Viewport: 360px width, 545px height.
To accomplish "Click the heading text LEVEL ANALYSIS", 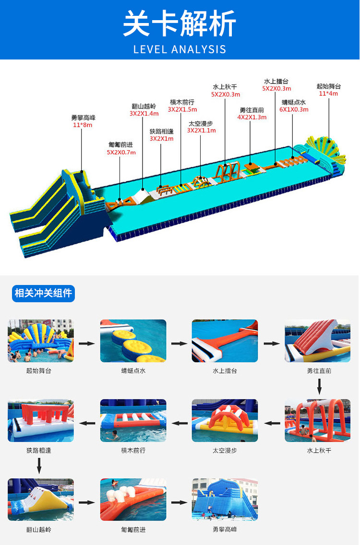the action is pos(180,48).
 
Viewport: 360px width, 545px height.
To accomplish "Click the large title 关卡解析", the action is pos(180,24).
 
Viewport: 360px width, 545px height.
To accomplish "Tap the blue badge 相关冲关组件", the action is pos(43,293).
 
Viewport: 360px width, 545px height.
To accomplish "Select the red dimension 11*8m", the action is pos(82,125).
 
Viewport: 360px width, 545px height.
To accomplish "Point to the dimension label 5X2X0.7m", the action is pos(121,152).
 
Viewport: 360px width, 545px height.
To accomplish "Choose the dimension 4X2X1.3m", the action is pos(252,117).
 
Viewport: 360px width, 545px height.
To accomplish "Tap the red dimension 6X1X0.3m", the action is pos(294,109).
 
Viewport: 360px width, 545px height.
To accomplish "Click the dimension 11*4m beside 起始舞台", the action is pos(328,94).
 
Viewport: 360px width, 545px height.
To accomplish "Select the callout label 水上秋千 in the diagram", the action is pos(225,87).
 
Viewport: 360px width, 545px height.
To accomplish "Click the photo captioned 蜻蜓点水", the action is pos(133,341).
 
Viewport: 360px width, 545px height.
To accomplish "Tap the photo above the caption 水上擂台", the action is pos(225,341).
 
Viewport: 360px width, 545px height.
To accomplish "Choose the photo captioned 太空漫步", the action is pos(225,420).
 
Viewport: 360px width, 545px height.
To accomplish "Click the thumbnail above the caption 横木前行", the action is pos(133,420).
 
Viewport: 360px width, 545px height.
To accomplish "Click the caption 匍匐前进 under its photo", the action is pos(133,530).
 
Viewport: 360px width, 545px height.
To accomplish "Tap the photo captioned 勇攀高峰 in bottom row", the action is pos(225,499).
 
